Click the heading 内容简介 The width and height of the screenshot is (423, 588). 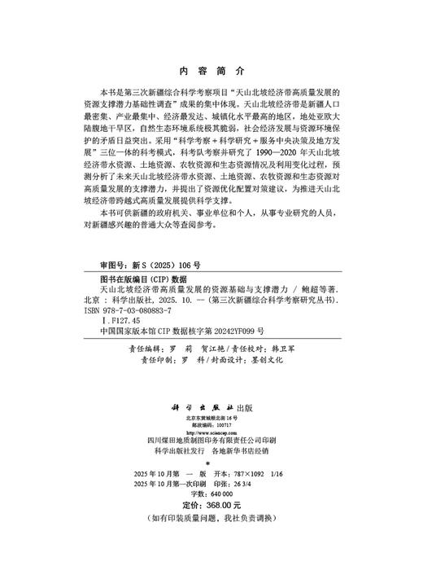pyautogui.click(x=211, y=70)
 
